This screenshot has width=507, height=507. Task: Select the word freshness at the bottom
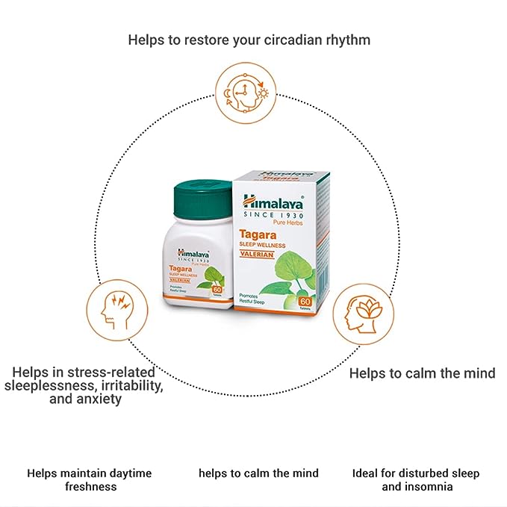[x=89, y=487]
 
